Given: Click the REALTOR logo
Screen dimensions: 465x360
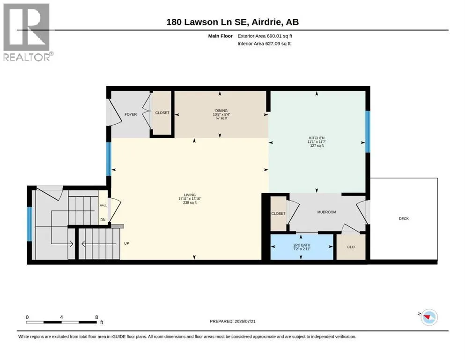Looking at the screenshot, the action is pos(28,32).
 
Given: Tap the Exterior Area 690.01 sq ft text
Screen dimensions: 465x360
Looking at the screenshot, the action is pos(265,36).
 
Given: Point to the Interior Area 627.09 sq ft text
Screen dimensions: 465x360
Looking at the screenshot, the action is pos(264,44).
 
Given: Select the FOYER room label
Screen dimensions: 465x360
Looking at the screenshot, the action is pos(131,114).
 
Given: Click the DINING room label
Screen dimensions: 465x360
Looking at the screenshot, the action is pos(221,111).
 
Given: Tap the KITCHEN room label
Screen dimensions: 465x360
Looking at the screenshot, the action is pos(317,138).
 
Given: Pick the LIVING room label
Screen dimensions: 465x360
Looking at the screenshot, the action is pos(190,195).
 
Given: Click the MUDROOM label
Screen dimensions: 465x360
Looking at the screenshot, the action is pos(326,212).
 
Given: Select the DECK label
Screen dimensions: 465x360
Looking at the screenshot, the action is pos(404,218).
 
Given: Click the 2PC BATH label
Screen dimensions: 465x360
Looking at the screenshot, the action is pos(302,245).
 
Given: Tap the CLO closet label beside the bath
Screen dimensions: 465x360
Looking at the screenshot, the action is pos(351,247).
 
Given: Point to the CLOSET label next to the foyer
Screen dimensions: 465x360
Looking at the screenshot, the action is pos(162,113).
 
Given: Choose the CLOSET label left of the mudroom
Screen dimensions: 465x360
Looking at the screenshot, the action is pos(278,214).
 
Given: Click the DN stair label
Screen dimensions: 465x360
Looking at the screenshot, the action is pos(103,220).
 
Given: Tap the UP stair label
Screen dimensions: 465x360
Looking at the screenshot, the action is pos(126,243).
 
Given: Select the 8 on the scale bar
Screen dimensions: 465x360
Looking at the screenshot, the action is pos(96,317).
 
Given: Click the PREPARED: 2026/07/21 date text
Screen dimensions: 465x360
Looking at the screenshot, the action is pos(232,321).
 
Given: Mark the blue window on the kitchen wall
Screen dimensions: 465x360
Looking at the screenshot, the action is pos(368,131).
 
